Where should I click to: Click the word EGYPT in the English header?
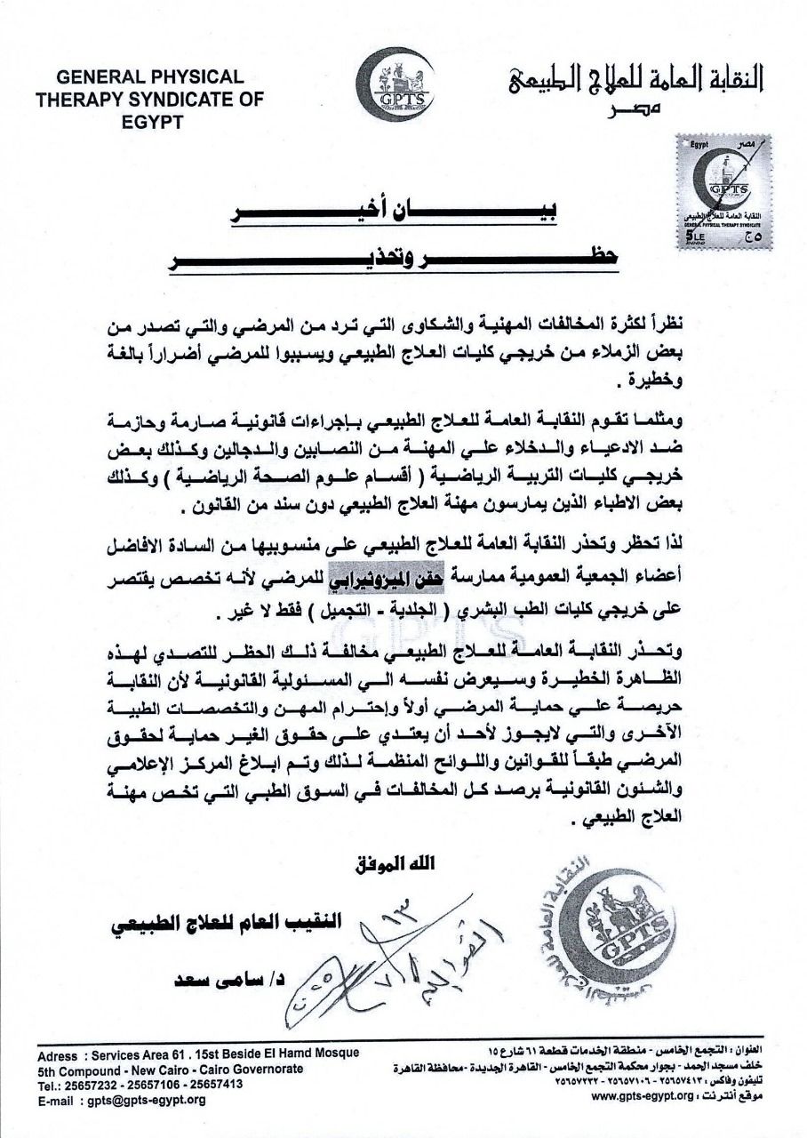point(149,122)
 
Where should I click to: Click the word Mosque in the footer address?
point(332,1053)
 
